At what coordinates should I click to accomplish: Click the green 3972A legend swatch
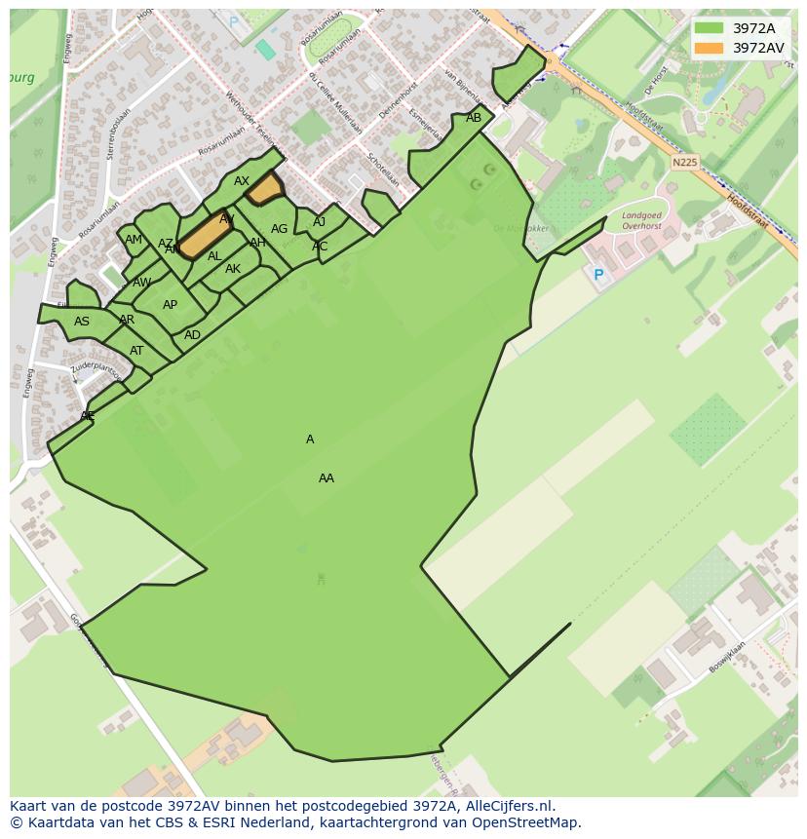[709, 28]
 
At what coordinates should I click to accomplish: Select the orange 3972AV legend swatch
[709, 48]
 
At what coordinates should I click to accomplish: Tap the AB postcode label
[474, 118]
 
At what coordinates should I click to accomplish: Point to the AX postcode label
[242, 181]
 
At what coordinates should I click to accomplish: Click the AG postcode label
[280, 229]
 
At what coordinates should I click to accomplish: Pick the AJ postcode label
[320, 222]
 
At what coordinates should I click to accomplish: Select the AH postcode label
[257, 243]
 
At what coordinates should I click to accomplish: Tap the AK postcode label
[233, 269]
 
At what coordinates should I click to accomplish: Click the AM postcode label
[134, 240]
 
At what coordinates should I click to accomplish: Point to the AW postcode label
[142, 283]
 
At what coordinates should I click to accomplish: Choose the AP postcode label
[171, 305]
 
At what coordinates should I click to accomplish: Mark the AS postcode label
[82, 322]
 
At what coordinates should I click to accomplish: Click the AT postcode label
[136, 351]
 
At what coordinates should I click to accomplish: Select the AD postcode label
[193, 335]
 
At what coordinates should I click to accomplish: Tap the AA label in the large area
[327, 478]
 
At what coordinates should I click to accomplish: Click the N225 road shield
[685, 163]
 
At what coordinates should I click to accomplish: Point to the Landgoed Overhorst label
[641, 220]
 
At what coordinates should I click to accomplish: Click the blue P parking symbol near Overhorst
[598, 276]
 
